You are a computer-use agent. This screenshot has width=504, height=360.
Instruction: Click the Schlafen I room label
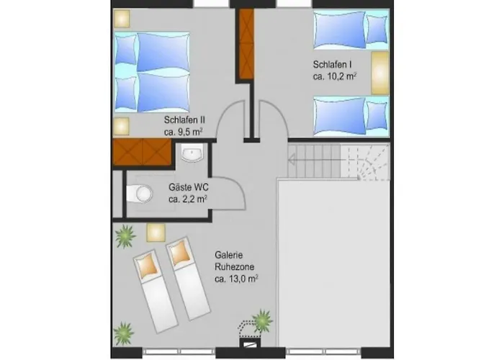click(x=332, y=65)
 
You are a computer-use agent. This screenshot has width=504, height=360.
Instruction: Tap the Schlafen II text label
click(x=184, y=120)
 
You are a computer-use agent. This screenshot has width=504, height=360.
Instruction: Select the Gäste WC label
click(x=189, y=187)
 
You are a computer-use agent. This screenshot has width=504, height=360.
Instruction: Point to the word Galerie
click(x=228, y=255)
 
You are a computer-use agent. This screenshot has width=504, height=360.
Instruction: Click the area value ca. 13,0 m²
click(x=237, y=279)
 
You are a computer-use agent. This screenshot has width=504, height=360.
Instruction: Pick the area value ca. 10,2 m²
click(x=335, y=76)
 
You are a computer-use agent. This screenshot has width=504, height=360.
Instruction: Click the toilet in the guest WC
click(x=140, y=194)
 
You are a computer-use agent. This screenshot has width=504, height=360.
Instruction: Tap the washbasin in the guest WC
click(x=192, y=153)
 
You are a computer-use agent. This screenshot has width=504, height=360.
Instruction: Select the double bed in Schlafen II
click(x=152, y=72)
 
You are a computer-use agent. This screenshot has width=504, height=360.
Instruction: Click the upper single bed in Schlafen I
click(x=351, y=30)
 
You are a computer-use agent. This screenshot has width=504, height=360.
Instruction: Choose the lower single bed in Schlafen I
click(x=351, y=117)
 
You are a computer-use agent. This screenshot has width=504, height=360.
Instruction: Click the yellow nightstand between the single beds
click(x=380, y=73)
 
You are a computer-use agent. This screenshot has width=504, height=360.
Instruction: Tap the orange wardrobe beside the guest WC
click(x=142, y=153)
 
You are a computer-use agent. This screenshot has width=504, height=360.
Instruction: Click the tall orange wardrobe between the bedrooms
click(x=246, y=44)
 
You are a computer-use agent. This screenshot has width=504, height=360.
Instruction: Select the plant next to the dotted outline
click(x=263, y=320)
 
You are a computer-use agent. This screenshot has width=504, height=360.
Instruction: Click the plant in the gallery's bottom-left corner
click(x=124, y=333)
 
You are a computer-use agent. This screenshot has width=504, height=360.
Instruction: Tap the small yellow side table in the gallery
click(x=156, y=233)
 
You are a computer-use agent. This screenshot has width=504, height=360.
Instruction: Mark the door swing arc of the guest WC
click(x=237, y=186)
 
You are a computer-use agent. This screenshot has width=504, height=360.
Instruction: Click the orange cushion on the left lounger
click(x=148, y=266)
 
